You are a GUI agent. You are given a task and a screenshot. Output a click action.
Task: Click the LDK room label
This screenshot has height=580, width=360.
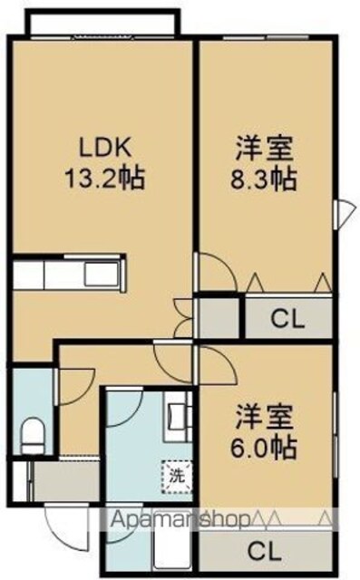click(104, 148)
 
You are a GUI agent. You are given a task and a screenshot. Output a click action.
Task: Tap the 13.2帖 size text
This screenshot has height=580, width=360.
click(104, 179)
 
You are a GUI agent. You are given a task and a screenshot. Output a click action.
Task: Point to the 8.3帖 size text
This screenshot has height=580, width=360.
click(264, 179)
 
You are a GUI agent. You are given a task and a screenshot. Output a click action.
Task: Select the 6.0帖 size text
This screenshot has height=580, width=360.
click(264, 448)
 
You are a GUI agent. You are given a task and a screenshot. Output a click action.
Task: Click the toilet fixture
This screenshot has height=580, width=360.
click(33, 435)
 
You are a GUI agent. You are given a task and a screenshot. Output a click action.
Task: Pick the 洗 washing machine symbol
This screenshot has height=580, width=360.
click(177, 476)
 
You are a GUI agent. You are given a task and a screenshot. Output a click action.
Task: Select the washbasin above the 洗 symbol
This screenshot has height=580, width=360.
click(179, 416)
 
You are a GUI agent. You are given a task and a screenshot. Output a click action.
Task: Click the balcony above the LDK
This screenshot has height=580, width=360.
click(102, 22)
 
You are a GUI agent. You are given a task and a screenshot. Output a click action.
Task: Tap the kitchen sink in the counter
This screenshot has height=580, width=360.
click(102, 274)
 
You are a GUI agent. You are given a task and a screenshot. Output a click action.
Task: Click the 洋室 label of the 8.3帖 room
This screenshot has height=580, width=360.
click(265, 149)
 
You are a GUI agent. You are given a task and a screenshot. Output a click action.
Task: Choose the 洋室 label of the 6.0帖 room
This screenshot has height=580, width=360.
click(265, 417)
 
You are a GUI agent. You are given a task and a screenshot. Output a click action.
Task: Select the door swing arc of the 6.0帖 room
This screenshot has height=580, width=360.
click(219, 364)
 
